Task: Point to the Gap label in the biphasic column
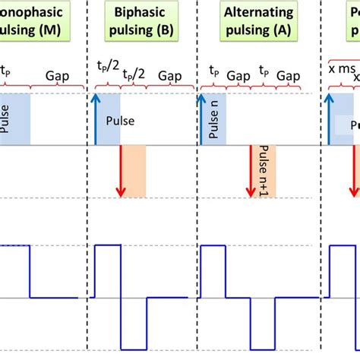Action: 169,76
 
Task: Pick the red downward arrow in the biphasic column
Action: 121,171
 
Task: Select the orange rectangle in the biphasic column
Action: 134,171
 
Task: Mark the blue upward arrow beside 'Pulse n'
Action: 202,118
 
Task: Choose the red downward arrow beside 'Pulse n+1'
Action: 251,171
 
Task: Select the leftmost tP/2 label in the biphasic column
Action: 107,67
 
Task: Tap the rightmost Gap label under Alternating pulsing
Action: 288,77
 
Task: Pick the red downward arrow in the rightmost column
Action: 354,171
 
